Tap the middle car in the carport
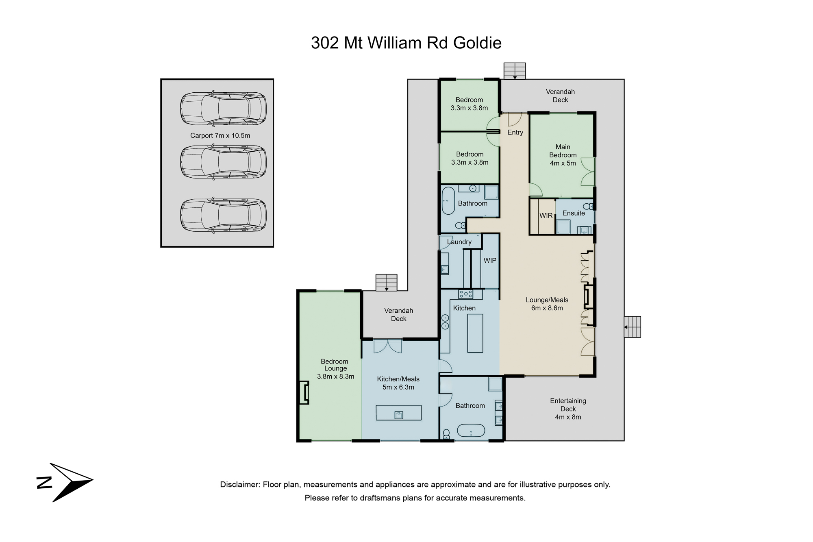click(x=223, y=162)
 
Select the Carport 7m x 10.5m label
click(x=220, y=135)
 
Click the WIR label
click(x=546, y=215)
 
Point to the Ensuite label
click(x=574, y=213)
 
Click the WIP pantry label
click(x=490, y=260)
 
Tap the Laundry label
click(x=459, y=242)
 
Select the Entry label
click(x=515, y=132)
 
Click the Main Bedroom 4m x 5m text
click(x=563, y=155)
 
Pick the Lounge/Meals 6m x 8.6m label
click(x=547, y=304)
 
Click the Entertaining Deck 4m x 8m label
click(x=568, y=409)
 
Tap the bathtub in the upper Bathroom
click(x=448, y=200)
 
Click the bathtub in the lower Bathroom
click(x=471, y=431)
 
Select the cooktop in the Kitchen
click(x=465, y=294)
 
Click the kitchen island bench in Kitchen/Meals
click(x=398, y=413)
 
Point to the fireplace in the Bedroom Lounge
click(x=304, y=392)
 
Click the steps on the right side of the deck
click(x=633, y=327)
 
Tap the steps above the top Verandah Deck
click(x=515, y=71)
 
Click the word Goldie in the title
click(x=477, y=43)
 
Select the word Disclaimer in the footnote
click(x=240, y=485)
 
